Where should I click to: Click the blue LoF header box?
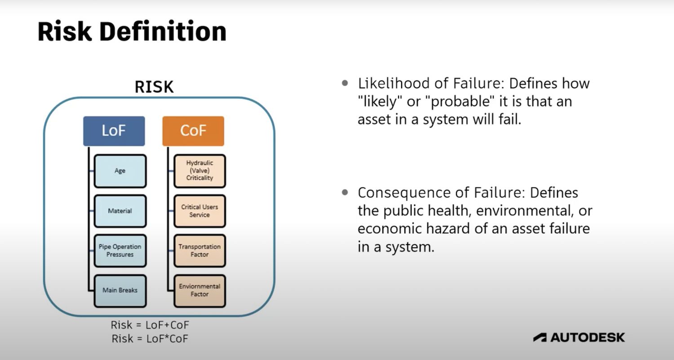coord(114,131)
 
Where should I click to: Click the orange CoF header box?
coord(193,131)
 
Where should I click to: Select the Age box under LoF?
coord(120,171)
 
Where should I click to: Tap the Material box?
coord(120,211)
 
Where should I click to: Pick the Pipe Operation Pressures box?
coord(120,250)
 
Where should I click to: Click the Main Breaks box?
coord(120,290)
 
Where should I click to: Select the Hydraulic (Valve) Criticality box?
coord(200,171)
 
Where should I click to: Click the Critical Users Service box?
coord(200,211)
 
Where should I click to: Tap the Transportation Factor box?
coord(200,250)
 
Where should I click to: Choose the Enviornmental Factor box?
coord(200,290)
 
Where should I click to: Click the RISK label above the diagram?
coord(155,87)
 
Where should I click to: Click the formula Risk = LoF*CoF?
coord(150,338)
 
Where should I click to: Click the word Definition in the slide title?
coord(164,32)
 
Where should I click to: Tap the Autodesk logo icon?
coord(540,337)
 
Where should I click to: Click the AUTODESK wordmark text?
coord(587,337)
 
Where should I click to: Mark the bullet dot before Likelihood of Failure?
coord(345,83)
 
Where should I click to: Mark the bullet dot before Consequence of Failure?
coord(345,192)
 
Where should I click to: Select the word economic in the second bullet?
coord(387,229)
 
